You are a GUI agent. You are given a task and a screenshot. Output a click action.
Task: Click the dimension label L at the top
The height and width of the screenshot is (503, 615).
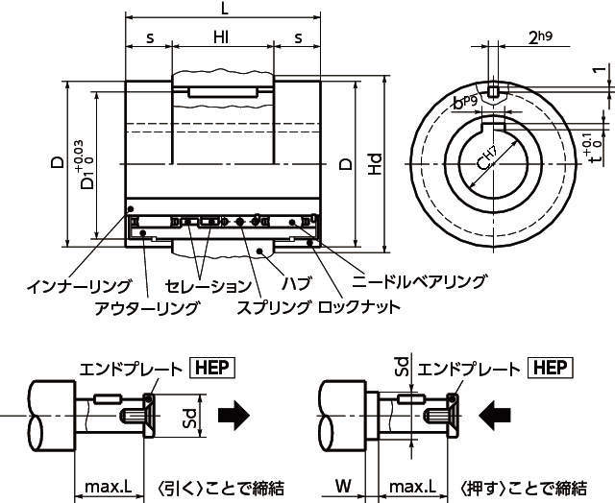pyautogui.click(x=224, y=9)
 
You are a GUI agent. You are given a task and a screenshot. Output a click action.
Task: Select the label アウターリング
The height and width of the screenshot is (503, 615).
pyautogui.click(x=147, y=307)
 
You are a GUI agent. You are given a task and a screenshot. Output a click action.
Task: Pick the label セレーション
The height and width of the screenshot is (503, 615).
pyautogui.click(x=209, y=286)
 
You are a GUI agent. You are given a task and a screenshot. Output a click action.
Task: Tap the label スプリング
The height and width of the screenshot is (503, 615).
pyautogui.click(x=274, y=307)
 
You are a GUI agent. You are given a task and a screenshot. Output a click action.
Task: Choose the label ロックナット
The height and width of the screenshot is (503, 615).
pyautogui.click(x=358, y=307)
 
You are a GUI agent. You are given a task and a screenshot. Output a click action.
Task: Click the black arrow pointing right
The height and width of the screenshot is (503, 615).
pyautogui.click(x=234, y=415)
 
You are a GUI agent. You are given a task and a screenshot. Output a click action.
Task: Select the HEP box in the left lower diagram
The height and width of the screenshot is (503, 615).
pyautogui.click(x=212, y=368)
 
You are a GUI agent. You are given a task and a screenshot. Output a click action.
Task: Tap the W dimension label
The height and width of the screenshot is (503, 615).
pyautogui.click(x=343, y=486)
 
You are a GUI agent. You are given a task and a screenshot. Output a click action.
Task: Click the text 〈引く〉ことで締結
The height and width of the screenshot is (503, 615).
pyautogui.click(x=225, y=486)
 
